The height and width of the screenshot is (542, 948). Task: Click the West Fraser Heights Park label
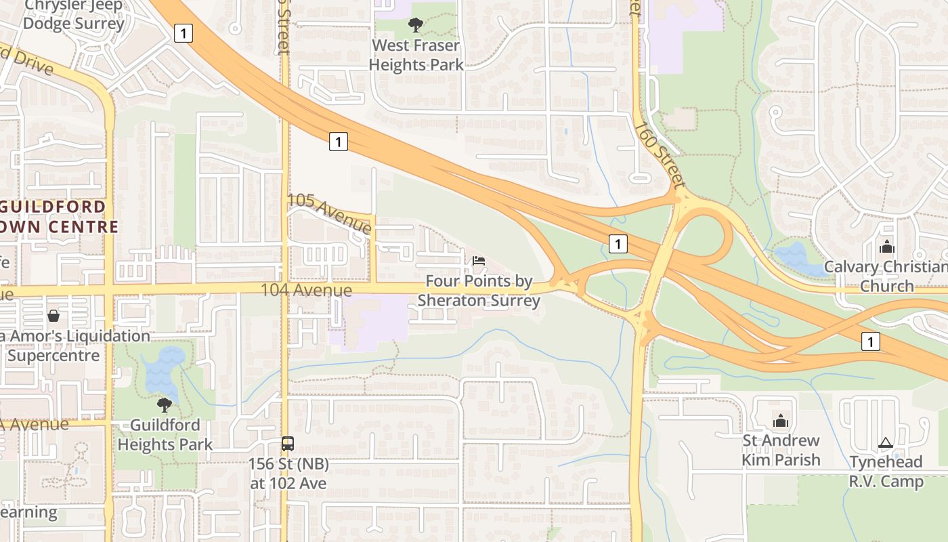click(x=417, y=55)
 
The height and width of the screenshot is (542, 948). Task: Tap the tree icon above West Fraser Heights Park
click(x=416, y=25)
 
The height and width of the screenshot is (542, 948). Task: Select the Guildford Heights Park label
click(x=165, y=435)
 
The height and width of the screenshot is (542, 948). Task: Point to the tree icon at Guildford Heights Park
click(x=164, y=405)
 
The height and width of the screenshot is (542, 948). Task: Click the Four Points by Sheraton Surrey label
click(x=479, y=291)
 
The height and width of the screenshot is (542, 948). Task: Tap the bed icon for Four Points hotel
click(x=479, y=261)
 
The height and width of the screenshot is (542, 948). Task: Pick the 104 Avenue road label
click(x=307, y=291)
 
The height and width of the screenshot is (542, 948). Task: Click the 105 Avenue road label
click(x=330, y=213)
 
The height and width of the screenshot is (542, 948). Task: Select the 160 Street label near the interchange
click(x=660, y=155)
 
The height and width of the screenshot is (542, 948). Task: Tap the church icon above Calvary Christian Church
click(x=887, y=247)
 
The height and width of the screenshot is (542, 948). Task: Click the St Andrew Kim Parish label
click(x=781, y=451)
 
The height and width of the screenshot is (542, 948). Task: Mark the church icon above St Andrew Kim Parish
click(x=781, y=421)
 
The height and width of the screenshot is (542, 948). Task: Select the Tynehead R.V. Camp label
click(x=886, y=472)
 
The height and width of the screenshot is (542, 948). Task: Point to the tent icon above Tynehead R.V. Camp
click(x=886, y=443)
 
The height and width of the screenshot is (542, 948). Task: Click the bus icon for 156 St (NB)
click(x=288, y=444)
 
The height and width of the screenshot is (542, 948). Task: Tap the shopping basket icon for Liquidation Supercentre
click(x=53, y=316)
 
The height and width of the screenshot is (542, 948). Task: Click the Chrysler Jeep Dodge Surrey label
click(x=74, y=15)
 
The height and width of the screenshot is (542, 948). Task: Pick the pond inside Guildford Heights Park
click(x=163, y=373)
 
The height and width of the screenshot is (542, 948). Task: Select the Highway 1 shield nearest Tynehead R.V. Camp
click(x=870, y=341)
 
